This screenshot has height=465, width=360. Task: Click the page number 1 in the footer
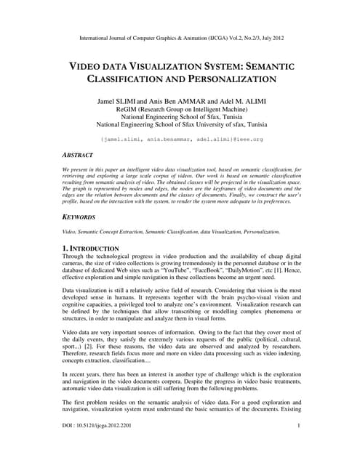point(299,445)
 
